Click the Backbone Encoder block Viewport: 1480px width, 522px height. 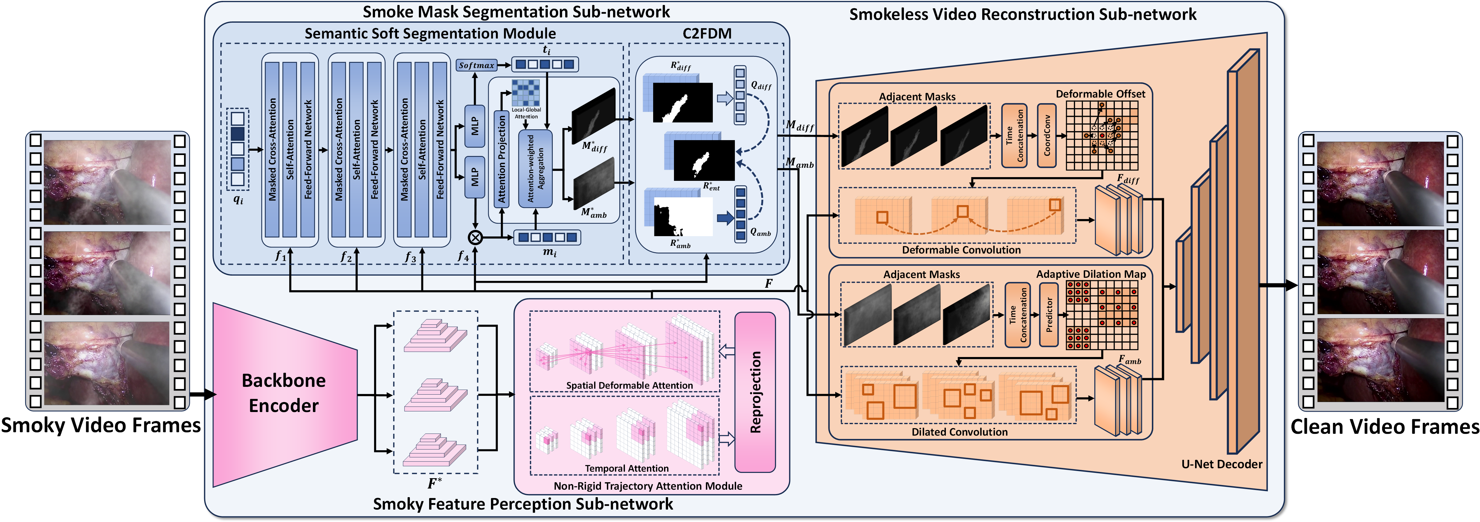pos(284,393)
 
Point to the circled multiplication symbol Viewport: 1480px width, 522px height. pos(475,237)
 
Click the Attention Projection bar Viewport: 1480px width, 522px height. pos(502,158)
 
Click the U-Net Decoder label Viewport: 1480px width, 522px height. pos(1221,464)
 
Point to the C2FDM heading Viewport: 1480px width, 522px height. pos(707,34)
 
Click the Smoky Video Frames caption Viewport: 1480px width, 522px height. pos(101,426)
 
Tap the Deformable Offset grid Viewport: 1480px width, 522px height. pos(1102,135)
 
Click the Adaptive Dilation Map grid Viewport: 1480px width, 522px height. pos(1102,315)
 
